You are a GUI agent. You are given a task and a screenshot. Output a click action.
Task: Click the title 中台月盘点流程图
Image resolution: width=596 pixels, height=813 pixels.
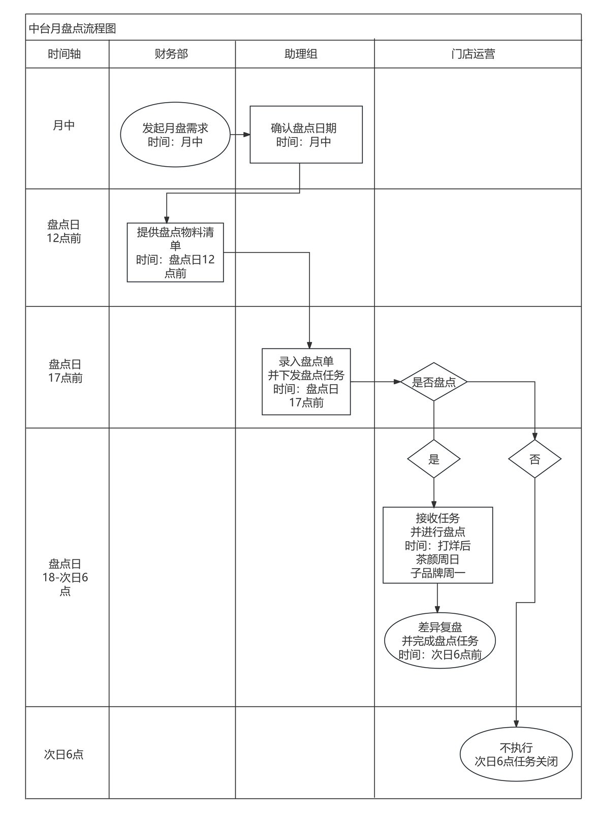tap(72, 28)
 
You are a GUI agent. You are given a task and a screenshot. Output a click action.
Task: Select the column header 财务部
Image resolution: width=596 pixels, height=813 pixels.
tap(171, 54)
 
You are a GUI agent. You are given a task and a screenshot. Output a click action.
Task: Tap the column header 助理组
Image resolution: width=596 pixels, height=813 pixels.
tap(301, 54)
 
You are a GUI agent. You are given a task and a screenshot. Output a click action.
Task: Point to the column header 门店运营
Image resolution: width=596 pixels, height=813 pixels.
tap(474, 54)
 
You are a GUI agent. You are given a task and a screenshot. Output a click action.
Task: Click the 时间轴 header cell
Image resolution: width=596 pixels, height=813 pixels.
tap(64, 54)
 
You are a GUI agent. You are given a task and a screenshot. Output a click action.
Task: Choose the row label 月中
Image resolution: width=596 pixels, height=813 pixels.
tap(64, 125)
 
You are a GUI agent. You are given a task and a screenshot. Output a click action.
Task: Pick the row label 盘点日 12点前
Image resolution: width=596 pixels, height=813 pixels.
tap(64, 231)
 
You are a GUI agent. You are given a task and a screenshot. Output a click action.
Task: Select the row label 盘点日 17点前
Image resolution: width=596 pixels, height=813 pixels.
tap(66, 371)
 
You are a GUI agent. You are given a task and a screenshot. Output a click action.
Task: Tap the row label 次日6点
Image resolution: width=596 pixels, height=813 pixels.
tap(64, 754)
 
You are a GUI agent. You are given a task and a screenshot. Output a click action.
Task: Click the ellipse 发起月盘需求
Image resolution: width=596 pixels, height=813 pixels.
tap(175, 135)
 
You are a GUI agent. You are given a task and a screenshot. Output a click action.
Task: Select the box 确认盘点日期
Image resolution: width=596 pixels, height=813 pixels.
tap(306, 135)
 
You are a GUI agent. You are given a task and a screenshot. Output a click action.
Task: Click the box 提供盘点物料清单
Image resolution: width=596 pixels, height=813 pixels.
tap(175, 252)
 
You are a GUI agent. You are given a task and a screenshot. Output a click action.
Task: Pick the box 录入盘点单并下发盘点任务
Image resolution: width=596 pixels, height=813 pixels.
tap(306, 382)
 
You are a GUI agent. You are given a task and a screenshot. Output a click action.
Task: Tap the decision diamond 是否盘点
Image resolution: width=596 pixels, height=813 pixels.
tap(434, 382)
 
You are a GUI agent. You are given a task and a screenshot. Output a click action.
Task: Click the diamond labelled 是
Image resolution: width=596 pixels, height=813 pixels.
tap(434, 459)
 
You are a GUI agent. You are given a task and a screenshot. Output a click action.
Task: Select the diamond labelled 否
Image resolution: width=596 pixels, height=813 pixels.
tap(535, 459)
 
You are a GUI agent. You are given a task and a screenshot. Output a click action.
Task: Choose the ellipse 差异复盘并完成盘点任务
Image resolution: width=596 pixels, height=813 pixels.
tap(440, 641)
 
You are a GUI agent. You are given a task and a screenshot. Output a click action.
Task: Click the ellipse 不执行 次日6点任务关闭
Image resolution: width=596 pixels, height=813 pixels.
tap(516, 754)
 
